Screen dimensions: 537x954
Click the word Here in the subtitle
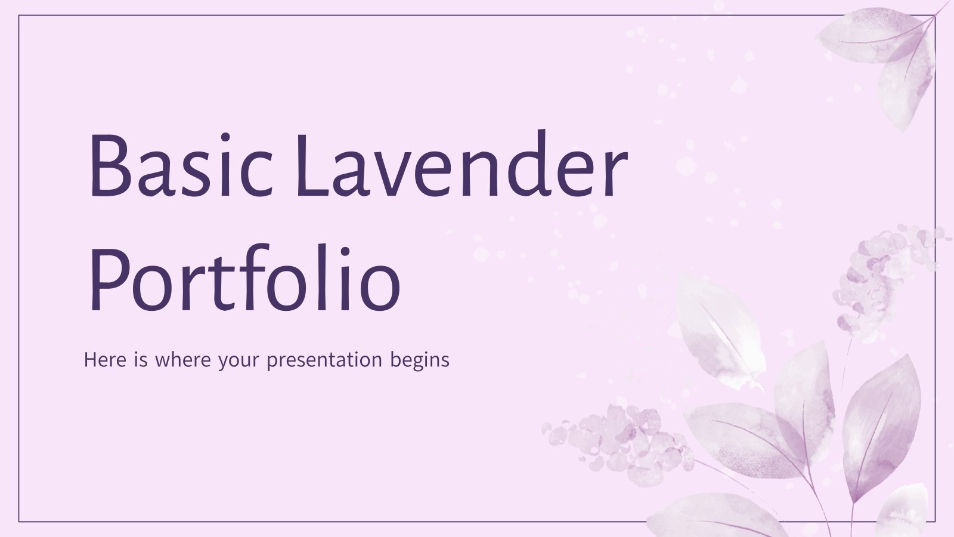pyautogui.click(x=106, y=360)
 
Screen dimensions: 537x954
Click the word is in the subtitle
pyautogui.click(x=142, y=360)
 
